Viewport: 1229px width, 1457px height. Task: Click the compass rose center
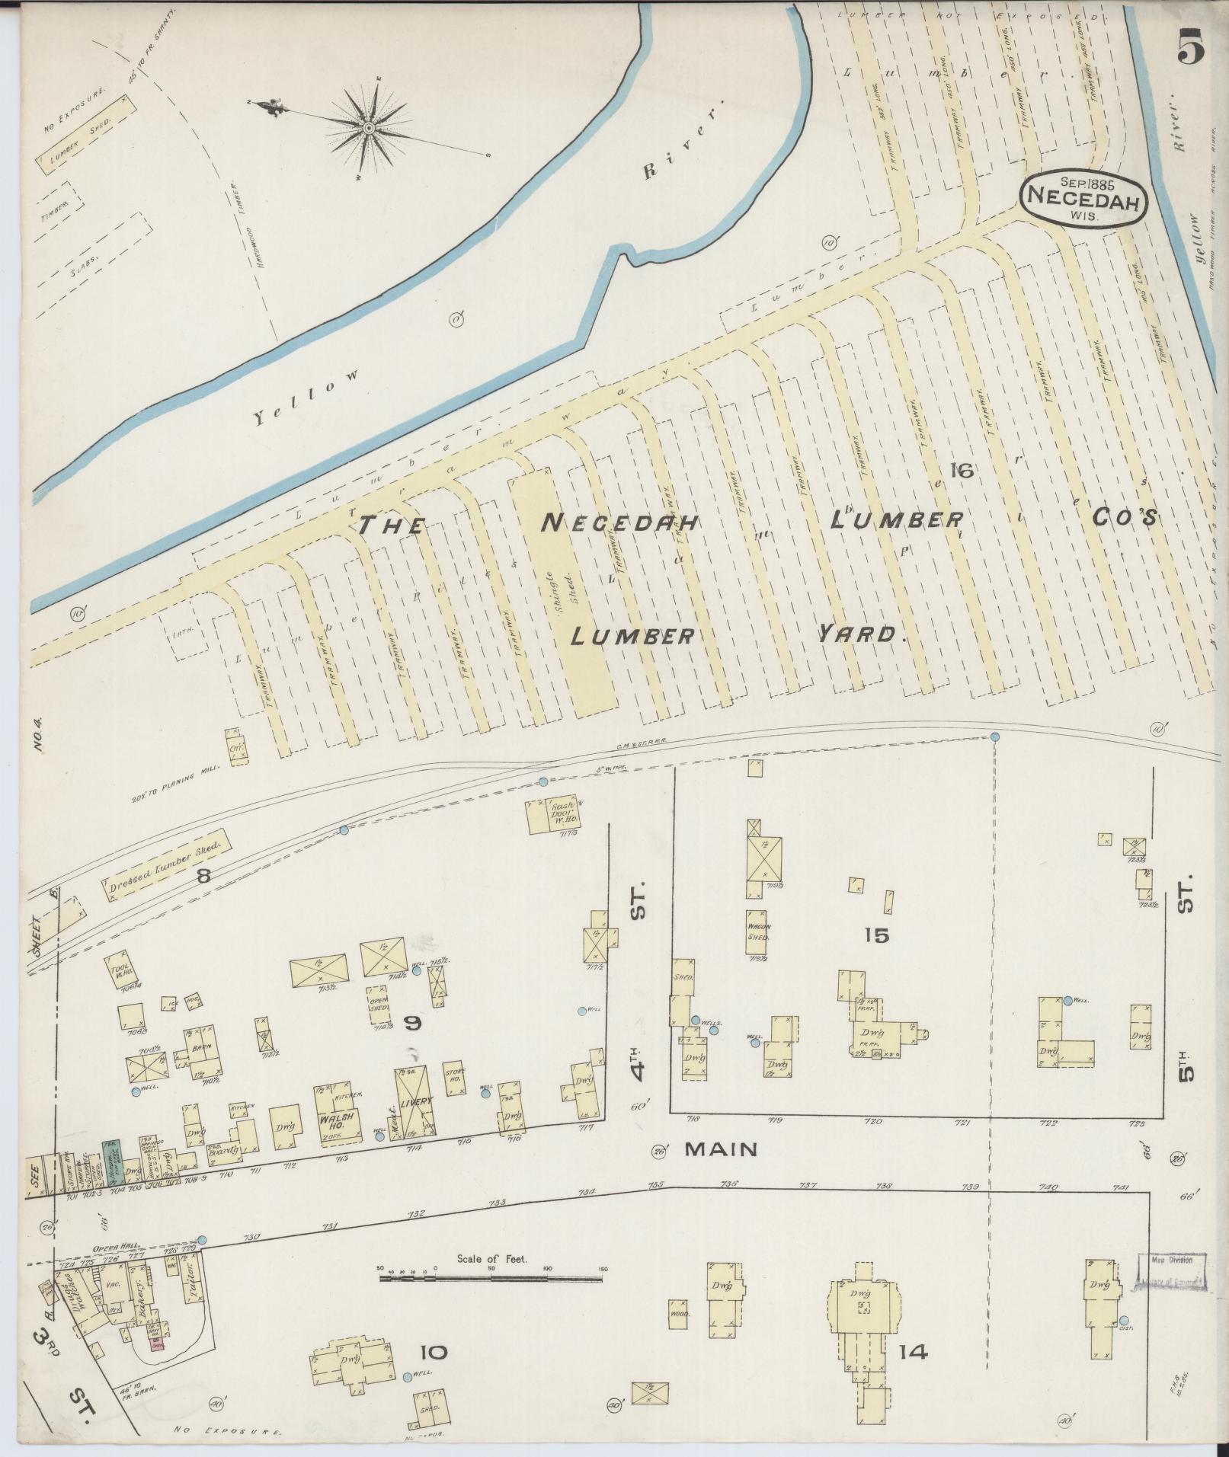[368, 127]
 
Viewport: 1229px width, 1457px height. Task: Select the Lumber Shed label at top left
[80, 143]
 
